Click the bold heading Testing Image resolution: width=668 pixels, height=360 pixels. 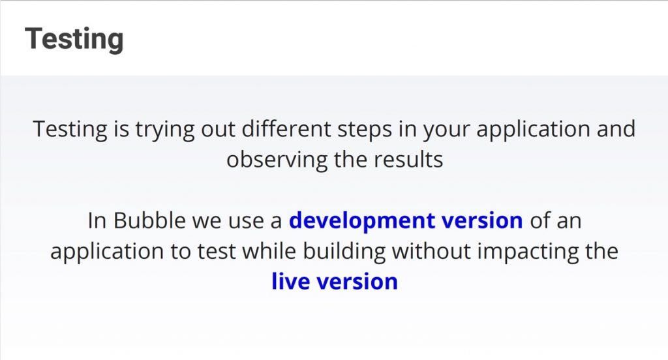coord(74,40)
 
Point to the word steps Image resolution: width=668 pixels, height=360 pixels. coord(365,130)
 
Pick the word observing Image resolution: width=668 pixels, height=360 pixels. coord(277,160)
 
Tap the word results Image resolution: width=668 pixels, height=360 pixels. coord(408,160)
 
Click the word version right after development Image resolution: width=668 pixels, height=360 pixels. coord(482,221)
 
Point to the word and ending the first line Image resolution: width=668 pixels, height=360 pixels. coord(616,128)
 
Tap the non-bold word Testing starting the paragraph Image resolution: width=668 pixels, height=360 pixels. coord(70,130)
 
